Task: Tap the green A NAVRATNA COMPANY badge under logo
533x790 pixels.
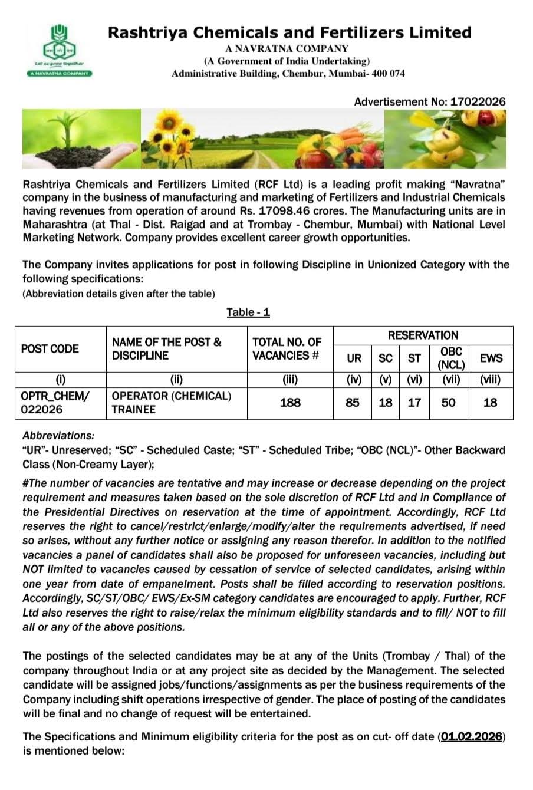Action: [x=58, y=73]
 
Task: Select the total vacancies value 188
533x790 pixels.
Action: [x=290, y=403]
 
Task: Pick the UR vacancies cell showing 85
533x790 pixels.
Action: [x=353, y=403]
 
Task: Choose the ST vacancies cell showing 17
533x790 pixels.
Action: [x=414, y=403]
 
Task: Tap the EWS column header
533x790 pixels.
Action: [x=491, y=358]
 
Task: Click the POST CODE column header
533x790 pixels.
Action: [x=50, y=349]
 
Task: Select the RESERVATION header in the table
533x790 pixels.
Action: [x=423, y=335]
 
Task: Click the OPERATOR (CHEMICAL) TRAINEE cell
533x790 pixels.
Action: [x=171, y=403]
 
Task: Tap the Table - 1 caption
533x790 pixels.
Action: [x=248, y=312]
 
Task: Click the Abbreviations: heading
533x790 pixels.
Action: [x=58, y=436]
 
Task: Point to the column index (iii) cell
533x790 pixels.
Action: [x=290, y=380]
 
